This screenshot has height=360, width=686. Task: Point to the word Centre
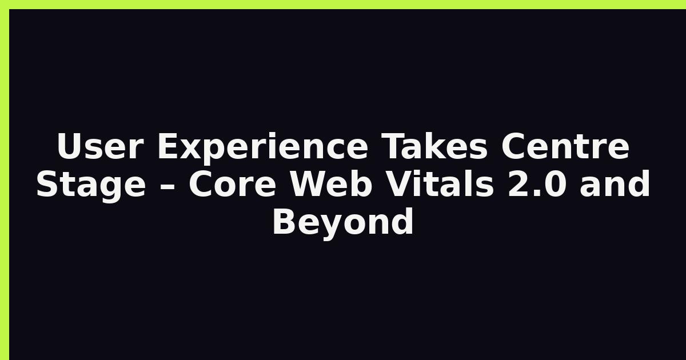tap(566, 147)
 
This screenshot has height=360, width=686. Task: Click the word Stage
tap(91, 185)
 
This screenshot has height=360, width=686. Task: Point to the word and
tap(615, 185)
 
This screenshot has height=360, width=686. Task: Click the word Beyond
tap(343, 222)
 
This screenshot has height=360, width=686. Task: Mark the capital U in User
tap(68, 147)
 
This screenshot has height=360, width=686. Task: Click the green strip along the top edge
tap(343, 4)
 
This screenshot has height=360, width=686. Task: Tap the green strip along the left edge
tap(4, 180)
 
